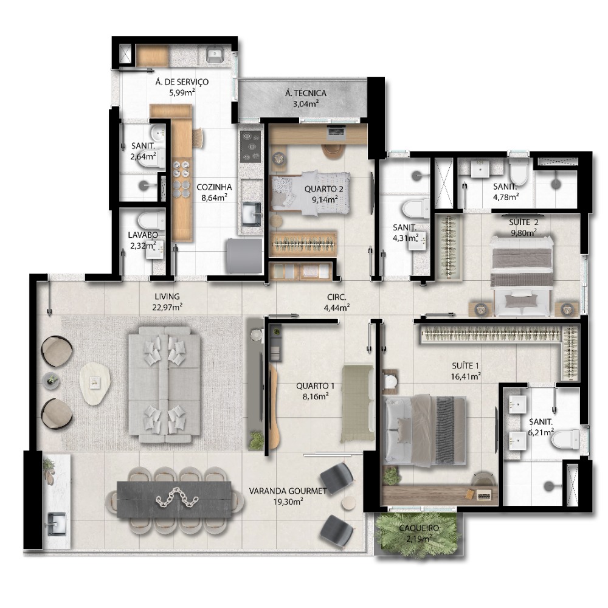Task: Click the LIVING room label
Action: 167,297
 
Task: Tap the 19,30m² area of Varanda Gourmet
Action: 288,502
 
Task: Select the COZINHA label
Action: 214,187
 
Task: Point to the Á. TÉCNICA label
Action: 306,93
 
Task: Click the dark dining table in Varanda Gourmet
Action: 174,499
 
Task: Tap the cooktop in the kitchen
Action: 250,146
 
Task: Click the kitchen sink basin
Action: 252,213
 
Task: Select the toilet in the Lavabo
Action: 151,220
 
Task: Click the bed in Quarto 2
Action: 310,193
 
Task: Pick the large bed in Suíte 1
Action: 424,430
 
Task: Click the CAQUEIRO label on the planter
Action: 419,528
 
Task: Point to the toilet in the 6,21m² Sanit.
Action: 565,440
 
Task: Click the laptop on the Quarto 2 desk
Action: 336,132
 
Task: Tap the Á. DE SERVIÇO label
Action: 182,82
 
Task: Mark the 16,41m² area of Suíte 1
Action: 466,376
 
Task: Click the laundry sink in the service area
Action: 213,54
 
